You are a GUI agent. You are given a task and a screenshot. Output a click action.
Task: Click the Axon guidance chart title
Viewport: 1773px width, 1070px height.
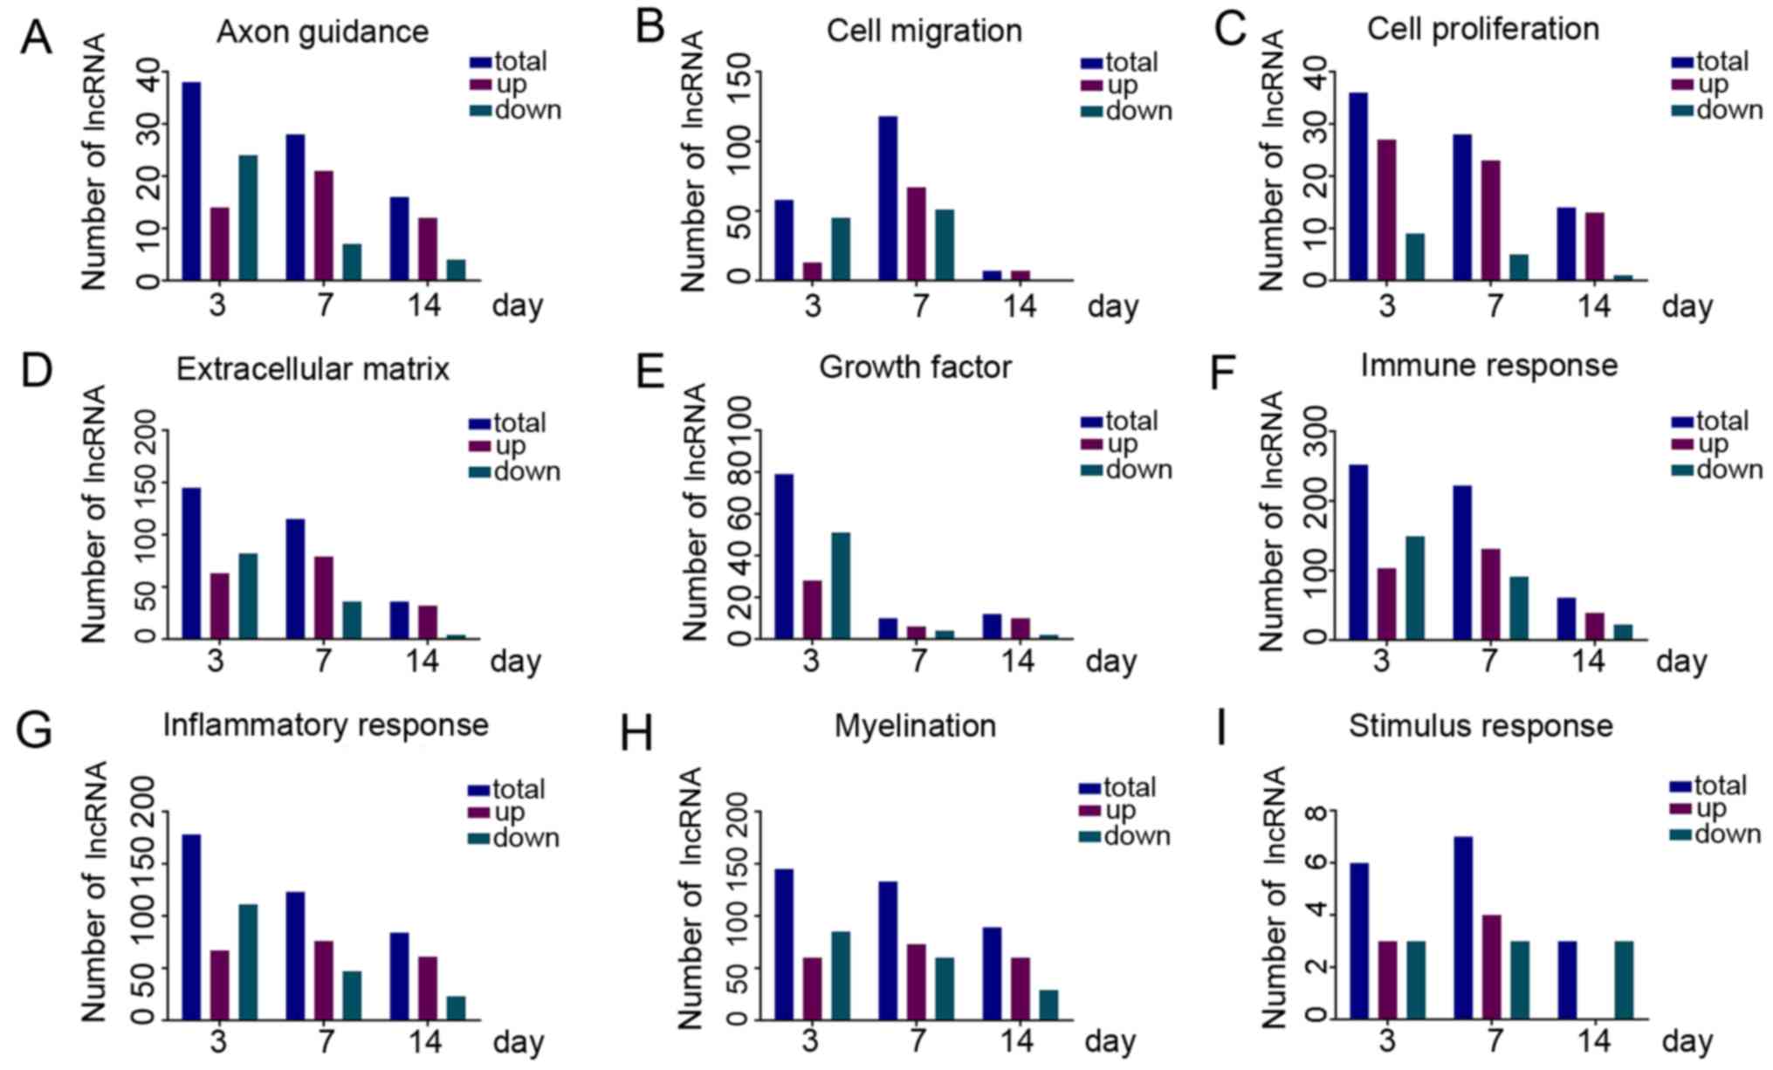click(322, 31)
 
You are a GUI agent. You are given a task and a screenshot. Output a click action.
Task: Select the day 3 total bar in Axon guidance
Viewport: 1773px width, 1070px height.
click(191, 181)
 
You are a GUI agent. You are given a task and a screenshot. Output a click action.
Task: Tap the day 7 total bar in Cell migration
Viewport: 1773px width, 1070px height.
click(888, 198)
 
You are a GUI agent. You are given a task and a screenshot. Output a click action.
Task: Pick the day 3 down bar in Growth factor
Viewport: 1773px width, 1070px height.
click(840, 585)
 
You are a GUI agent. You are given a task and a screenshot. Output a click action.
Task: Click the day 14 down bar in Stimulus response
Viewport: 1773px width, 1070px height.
click(1624, 980)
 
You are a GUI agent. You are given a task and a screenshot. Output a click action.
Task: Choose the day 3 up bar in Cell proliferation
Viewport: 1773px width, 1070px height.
click(1386, 209)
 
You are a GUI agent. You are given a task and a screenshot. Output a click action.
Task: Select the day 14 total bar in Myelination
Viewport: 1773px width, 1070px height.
click(993, 973)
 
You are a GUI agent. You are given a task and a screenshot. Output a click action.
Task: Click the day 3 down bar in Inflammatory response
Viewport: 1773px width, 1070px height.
click(248, 962)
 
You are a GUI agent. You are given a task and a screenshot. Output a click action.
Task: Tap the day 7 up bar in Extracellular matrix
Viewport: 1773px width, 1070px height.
click(323, 597)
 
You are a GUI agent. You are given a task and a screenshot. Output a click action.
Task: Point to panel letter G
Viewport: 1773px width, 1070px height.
click(35, 730)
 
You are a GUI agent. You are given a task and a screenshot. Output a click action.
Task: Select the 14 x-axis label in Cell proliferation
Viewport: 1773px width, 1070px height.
click(1593, 306)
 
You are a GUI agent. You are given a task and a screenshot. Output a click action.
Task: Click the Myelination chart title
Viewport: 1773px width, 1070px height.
click(915, 726)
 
